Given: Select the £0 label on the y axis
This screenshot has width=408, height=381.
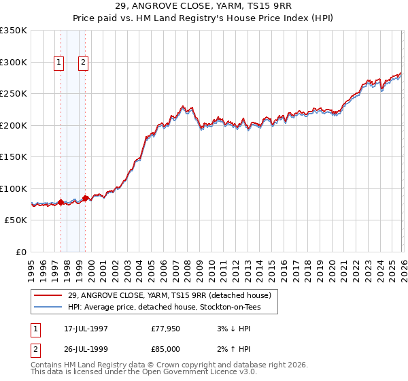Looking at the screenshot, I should pos(20,252).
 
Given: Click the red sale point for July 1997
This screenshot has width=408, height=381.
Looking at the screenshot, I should pos(61,202).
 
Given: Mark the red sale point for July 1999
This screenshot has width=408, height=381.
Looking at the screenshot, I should pos(85,198).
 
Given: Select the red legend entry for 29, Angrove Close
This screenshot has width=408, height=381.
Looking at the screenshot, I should pos(170,295).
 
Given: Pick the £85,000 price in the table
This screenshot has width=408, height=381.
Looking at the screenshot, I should pos(166,349).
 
